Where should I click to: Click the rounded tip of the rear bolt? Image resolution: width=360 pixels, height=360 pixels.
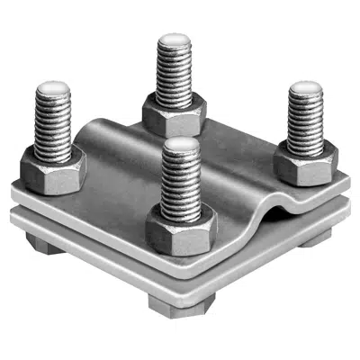point(173,42)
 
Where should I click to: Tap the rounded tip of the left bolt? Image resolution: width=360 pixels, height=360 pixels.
point(53,91)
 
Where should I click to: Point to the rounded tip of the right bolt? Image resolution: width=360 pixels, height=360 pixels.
point(305,90)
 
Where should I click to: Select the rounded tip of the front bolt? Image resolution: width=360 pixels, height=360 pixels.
point(181,146)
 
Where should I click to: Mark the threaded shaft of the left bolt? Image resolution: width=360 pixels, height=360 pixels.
point(53,126)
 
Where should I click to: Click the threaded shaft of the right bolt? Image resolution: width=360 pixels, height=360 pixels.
point(305,121)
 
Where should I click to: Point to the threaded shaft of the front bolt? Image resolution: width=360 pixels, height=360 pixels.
point(181,184)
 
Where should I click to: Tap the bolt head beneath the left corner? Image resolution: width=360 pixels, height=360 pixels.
point(41,242)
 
